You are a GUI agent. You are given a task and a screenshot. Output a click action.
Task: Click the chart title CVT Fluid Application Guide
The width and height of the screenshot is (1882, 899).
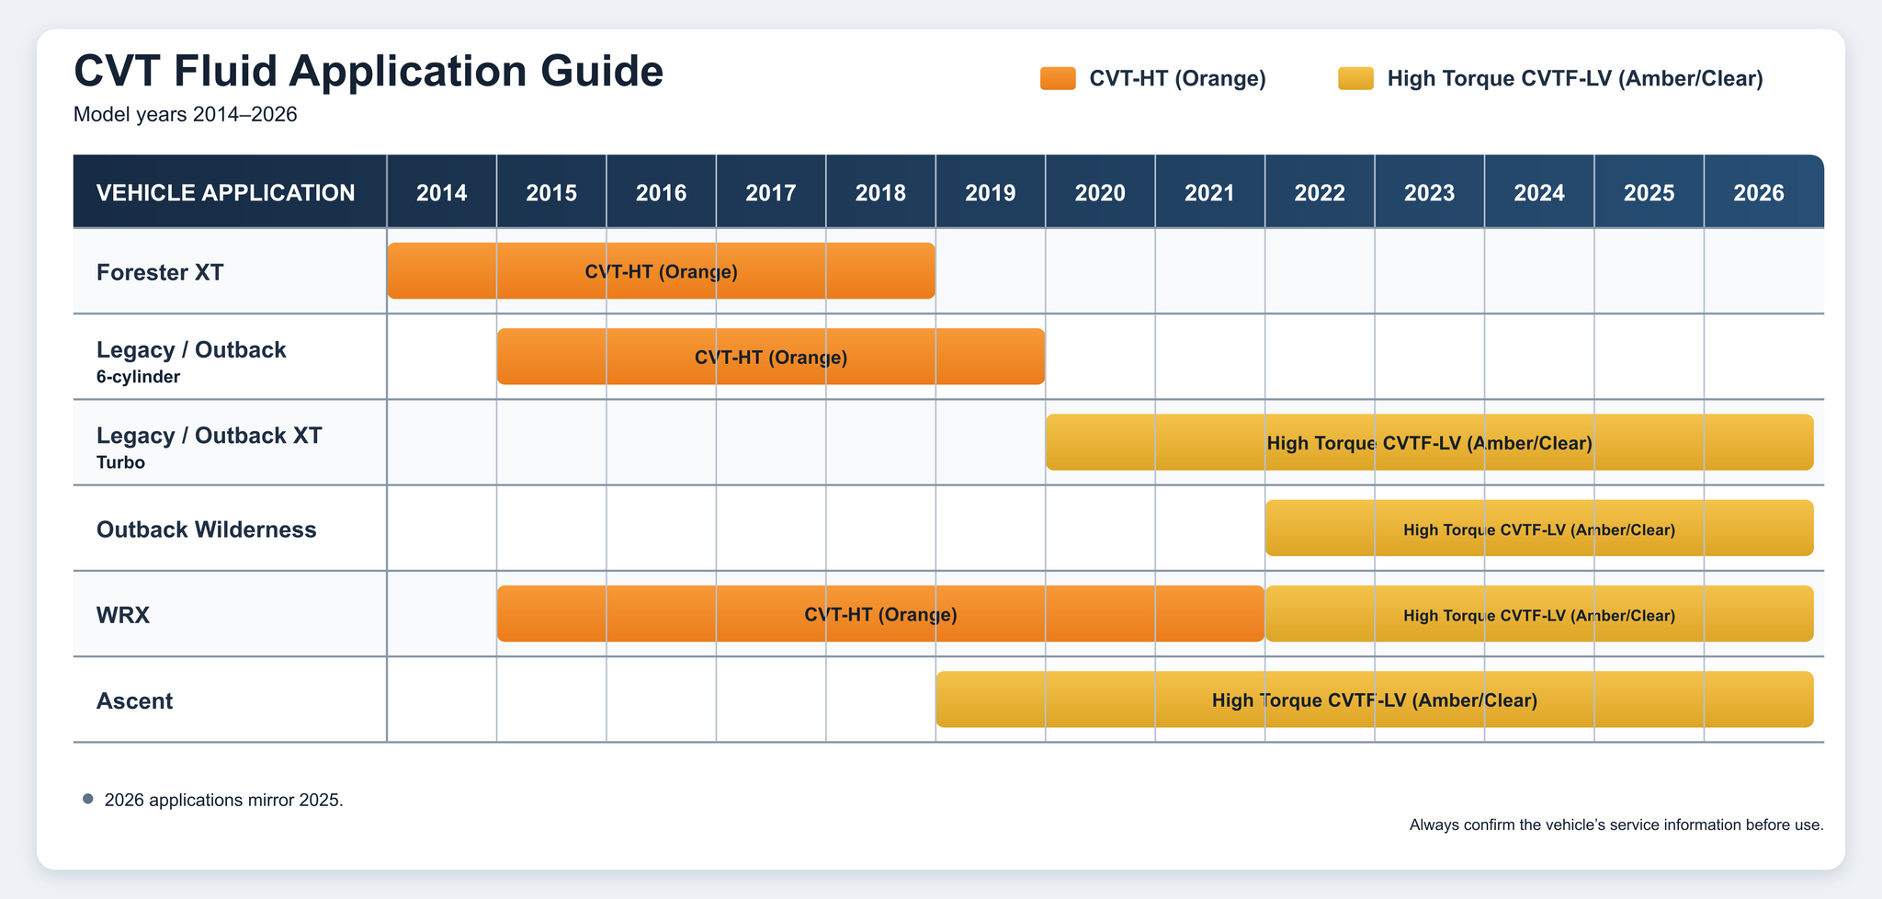368,72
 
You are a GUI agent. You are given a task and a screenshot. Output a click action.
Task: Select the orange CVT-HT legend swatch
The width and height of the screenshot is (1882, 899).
1058,78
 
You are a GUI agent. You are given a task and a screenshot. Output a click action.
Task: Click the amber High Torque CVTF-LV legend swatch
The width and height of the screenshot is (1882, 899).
1355,78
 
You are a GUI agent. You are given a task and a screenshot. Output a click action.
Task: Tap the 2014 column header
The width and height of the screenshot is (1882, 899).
442,193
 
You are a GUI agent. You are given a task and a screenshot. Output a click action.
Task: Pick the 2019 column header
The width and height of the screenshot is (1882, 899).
991,193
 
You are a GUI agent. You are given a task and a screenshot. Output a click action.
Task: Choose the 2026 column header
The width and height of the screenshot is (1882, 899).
1759,193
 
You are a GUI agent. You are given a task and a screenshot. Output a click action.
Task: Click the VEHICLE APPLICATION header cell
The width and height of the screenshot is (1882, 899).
226,193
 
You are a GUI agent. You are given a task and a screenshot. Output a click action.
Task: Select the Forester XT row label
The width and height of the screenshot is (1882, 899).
160,272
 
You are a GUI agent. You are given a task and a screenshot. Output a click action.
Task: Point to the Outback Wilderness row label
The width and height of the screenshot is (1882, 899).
207,529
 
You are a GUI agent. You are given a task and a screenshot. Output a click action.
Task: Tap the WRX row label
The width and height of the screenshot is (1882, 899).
123,615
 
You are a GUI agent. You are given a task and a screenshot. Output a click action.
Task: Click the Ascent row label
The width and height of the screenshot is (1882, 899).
134,701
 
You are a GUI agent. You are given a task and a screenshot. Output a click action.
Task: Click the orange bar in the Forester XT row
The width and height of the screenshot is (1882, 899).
662,271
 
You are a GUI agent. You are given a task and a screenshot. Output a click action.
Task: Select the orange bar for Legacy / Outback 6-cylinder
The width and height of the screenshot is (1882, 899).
771,357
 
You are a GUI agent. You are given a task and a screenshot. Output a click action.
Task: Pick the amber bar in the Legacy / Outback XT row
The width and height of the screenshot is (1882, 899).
1430,442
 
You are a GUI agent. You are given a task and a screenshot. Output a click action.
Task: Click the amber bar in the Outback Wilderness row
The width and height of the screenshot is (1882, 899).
1539,528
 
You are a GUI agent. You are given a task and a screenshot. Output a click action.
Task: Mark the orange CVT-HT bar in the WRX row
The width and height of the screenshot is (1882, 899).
881,613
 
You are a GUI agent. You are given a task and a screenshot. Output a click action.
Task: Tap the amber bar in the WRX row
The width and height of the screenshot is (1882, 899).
1539,613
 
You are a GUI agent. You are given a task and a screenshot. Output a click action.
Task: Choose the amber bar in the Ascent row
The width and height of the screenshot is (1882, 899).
1375,700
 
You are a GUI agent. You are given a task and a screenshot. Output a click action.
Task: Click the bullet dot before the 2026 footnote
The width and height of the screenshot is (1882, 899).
88,799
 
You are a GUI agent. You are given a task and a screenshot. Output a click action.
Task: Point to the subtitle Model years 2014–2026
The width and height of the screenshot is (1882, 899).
185,115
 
